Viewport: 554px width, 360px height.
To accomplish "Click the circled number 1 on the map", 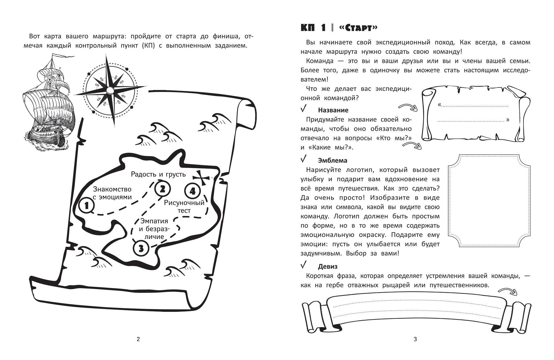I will click(87, 206).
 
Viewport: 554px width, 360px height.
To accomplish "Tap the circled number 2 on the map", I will click(162, 189).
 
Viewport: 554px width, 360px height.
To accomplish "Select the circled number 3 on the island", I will click(141, 248).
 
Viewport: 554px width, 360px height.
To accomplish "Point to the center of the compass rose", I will click(110, 90).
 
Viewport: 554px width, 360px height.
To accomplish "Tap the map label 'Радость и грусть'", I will click(158, 174).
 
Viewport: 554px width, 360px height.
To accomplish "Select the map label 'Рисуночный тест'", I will click(184, 206).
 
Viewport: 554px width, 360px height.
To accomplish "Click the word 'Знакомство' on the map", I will click(112, 189).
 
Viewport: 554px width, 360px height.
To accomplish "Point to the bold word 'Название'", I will click(333, 110).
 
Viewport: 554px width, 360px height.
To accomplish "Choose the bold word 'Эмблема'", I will click(333, 161).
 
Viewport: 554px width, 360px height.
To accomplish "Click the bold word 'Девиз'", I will click(328, 267).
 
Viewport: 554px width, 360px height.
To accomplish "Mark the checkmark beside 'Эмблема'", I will click(304, 159).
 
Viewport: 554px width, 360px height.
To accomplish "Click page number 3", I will click(415, 339).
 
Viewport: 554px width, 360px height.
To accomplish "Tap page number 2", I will click(138, 339).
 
